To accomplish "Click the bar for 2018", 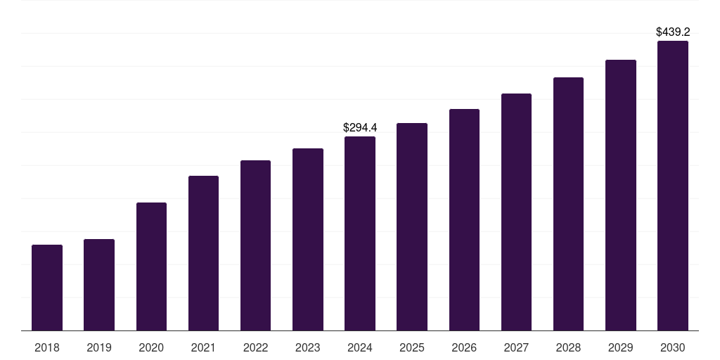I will click(x=47, y=288).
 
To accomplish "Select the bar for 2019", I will click(x=99, y=285).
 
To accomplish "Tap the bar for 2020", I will click(x=151, y=266).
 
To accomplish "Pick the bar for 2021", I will click(x=203, y=253).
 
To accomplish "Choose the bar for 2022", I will click(x=255, y=245).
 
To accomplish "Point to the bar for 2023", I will click(x=308, y=239).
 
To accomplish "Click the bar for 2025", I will click(x=412, y=226).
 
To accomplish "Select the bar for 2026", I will click(x=464, y=219).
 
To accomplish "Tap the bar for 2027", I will click(x=516, y=212).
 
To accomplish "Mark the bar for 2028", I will click(x=568, y=204).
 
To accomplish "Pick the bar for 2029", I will click(x=621, y=195).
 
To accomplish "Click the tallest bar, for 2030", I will click(x=673, y=186).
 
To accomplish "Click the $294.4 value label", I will click(x=360, y=127).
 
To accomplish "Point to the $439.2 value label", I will click(x=673, y=32).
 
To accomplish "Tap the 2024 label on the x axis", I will click(x=360, y=347).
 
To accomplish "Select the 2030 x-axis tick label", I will click(x=673, y=347).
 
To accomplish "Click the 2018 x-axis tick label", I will click(x=47, y=347).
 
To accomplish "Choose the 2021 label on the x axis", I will click(x=203, y=347).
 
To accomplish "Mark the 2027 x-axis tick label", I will click(x=516, y=347).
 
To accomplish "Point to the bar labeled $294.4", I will click(x=360, y=233).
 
